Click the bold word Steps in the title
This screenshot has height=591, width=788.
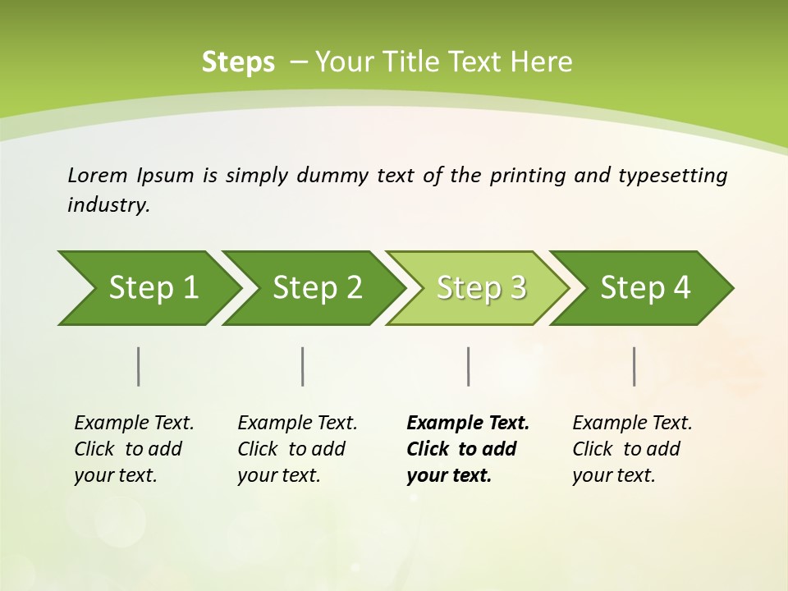coord(238,62)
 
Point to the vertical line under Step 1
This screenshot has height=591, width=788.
coord(139,366)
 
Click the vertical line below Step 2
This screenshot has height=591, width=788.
coord(303,366)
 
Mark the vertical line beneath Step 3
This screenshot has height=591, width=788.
coord(469,366)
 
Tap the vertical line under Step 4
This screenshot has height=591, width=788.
coord(635,366)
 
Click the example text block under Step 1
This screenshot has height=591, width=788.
coord(134,449)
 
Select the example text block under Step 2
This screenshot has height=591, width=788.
coord(297,449)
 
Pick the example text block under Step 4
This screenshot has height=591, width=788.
coord(632,449)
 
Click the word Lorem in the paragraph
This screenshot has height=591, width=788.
coord(98,175)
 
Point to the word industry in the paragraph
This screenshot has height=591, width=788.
coord(108,205)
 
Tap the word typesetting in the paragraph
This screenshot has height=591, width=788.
coord(672,175)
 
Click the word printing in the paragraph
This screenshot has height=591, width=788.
coord(526,175)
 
